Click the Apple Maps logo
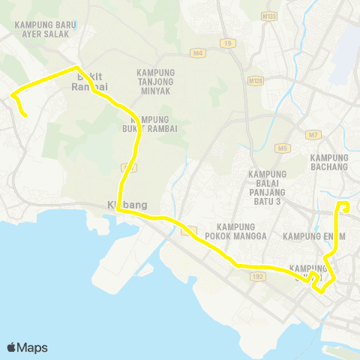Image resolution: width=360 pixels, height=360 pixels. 27,347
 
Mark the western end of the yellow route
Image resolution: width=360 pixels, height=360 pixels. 26,115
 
